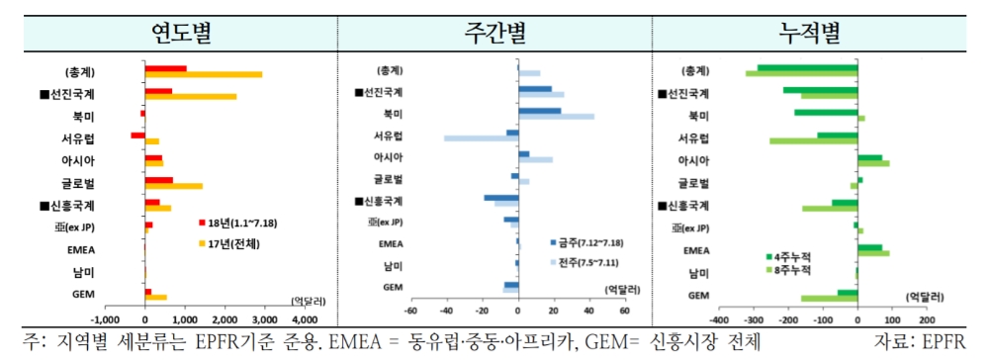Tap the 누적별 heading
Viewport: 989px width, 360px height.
point(809,32)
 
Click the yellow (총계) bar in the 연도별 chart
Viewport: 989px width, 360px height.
point(204,74)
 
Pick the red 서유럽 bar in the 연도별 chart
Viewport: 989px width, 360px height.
point(137,135)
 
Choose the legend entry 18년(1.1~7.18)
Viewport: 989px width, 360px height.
point(236,224)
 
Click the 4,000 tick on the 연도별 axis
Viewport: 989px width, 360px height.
point(304,320)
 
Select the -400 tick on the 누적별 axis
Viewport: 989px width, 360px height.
point(720,320)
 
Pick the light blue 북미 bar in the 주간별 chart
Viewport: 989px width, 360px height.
point(556,117)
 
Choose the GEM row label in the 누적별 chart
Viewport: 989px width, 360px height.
point(697,295)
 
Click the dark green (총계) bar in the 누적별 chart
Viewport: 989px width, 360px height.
point(807,68)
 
